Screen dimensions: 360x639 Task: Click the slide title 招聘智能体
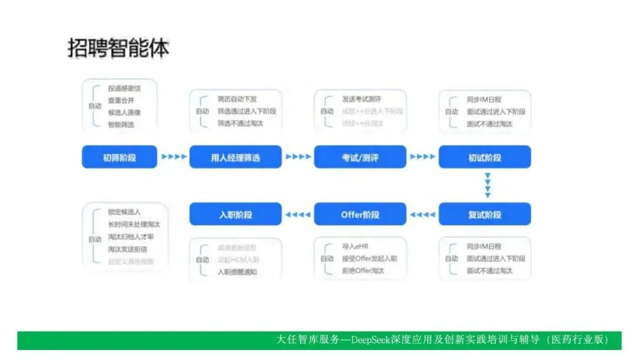pyautogui.click(x=118, y=49)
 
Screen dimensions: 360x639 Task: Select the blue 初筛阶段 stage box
pyautogui.click(x=120, y=157)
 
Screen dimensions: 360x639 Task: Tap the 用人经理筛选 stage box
pyautogui.click(x=235, y=157)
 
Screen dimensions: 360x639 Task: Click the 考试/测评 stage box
pyautogui.click(x=360, y=157)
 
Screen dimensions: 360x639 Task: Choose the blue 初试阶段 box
pyautogui.click(x=485, y=157)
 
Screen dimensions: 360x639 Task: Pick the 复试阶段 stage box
pyautogui.click(x=485, y=214)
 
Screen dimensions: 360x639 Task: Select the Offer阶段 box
pyautogui.click(x=360, y=214)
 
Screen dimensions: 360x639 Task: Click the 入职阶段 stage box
pyautogui.click(x=235, y=214)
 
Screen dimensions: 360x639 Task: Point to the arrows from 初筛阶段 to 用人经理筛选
pyautogui.click(x=173, y=157)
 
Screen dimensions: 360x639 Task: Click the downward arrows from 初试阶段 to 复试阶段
pyautogui.click(x=488, y=185)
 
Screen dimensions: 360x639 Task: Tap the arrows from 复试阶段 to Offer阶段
pyautogui.click(x=422, y=214)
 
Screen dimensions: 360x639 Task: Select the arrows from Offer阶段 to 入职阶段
pyautogui.click(x=298, y=214)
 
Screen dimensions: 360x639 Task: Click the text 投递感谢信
pyautogui.click(x=124, y=88)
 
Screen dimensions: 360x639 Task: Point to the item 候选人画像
pyautogui.click(x=124, y=112)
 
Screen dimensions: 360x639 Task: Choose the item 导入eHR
pyautogui.click(x=356, y=246)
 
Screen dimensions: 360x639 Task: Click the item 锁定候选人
pyautogui.click(x=124, y=212)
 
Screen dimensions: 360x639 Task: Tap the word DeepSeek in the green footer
pyautogui.click(x=372, y=340)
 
